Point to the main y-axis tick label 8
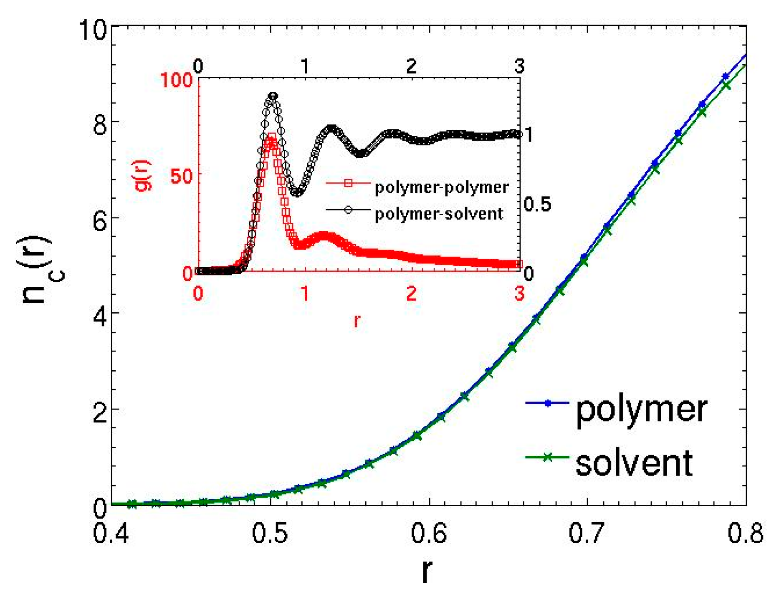pyautogui.click(x=100, y=124)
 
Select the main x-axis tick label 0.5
pyautogui.click(x=270, y=534)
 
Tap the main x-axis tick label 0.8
pyautogui.click(x=745, y=534)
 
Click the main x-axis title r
pyautogui.click(x=426, y=571)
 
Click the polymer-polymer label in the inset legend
pyautogui.click(x=442, y=187)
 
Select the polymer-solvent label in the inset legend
pyautogui.click(x=439, y=214)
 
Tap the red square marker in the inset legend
pyautogui.click(x=348, y=183)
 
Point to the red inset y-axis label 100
pyautogui.click(x=176, y=79)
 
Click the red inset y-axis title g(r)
pyautogui.click(x=143, y=175)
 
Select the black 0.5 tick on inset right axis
pyautogui.click(x=537, y=204)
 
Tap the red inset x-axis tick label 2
pyautogui.click(x=412, y=293)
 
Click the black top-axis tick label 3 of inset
pyautogui.click(x=519, y=66)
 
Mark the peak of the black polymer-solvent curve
pyautogui.click(x=273, y=96)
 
